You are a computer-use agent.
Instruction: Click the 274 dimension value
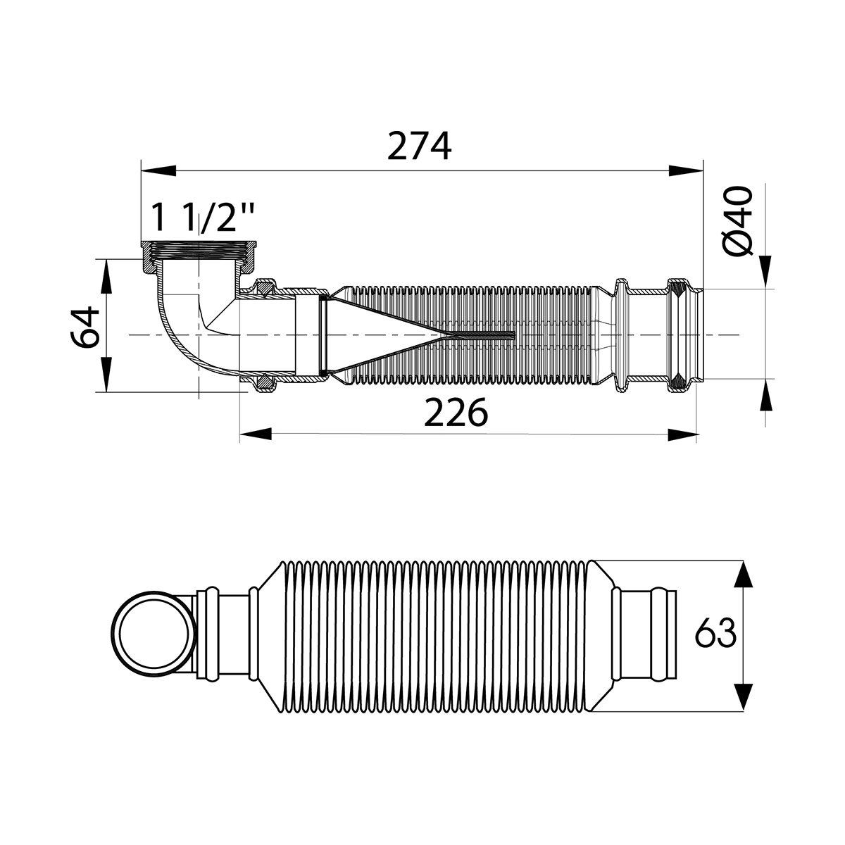click(420, 146)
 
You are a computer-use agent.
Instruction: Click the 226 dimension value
click(456, 413)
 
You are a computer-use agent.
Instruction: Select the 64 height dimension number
click(86, 326)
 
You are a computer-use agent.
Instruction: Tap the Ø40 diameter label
click(737, 222)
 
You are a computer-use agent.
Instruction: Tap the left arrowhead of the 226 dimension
click(256, 434)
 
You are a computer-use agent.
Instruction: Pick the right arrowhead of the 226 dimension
click(682, 434)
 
